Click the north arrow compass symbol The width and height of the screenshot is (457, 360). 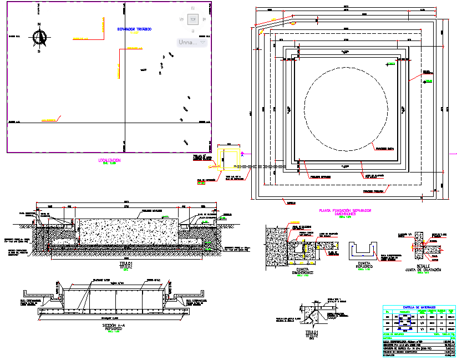39,37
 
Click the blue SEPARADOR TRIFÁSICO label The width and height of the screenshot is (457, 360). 134,29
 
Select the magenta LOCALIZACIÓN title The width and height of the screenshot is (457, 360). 109,160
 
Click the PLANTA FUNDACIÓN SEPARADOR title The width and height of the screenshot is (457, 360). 345,211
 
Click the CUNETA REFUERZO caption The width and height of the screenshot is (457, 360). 364,265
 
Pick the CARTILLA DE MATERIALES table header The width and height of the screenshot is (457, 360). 419,307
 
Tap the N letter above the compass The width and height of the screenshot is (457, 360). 39,24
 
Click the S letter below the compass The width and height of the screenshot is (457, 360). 39,51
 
